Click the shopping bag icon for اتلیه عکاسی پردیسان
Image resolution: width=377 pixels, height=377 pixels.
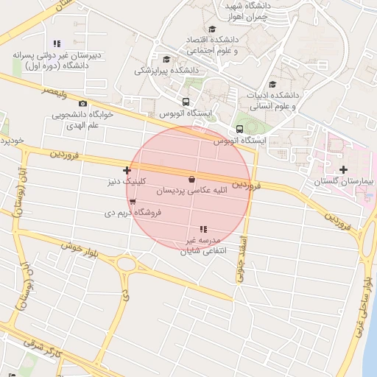click(x=192, y=179)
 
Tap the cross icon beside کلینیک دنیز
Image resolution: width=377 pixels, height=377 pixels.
click(x=127, y=170)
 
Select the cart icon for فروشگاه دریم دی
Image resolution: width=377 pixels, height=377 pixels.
click(x=132, y=201)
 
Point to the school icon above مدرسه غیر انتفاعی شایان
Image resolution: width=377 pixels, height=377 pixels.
click(x=204, y=230)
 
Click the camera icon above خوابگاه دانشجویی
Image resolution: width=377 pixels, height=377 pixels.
click(x=82, y=104)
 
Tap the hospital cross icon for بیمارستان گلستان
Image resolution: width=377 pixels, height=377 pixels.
click(x=344, y=170)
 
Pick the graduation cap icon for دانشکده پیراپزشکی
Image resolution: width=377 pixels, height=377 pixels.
click(x=166, y=60)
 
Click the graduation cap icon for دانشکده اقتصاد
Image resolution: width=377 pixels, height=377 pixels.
click(x=212, y=29)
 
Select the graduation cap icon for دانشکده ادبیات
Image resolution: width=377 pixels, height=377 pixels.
click(x=273, y=84)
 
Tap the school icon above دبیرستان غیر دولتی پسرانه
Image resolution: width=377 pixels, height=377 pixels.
click(x=57, y=44)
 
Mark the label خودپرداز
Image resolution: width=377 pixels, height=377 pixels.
click(x=13, y=139)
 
